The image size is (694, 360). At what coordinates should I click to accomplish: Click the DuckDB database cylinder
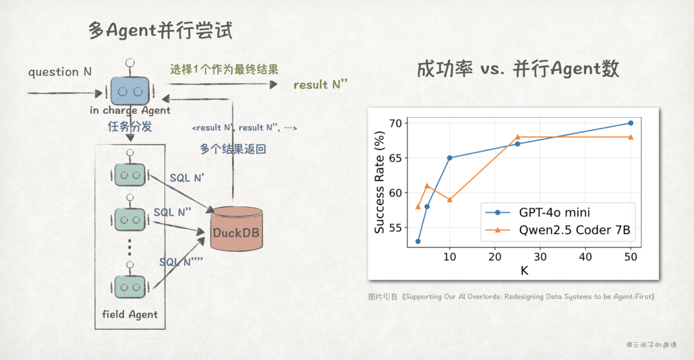(237, 229)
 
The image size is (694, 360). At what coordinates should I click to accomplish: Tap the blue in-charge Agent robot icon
(130, 90)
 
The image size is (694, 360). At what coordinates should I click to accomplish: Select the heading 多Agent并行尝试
(160, 30)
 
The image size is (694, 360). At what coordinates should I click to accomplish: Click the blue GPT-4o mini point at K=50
(630, 123)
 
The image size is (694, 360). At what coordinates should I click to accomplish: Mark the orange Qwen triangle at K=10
(450, 199)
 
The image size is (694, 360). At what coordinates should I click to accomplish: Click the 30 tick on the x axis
(540, 256)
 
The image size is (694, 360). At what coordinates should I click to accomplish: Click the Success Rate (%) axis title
(380, 184)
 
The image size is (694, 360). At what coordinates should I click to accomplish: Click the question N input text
(60, 72)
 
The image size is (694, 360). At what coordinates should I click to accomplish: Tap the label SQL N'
(186, 177)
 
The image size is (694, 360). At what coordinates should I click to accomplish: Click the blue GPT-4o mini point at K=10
(450, 157)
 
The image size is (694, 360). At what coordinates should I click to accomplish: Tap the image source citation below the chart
(512, 296)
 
